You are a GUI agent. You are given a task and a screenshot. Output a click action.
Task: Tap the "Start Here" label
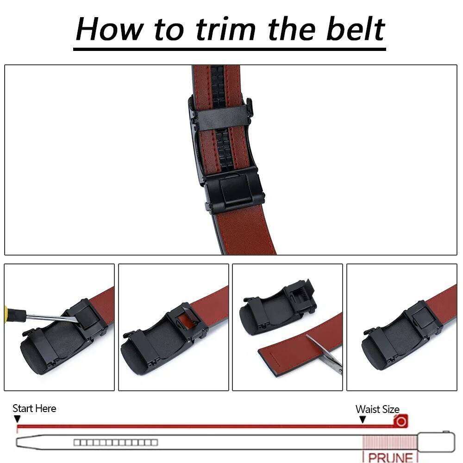pos(34,408)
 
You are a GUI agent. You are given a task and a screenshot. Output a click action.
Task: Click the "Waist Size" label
pos(377,409)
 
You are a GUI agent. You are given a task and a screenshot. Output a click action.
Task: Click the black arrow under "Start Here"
pos(17,419)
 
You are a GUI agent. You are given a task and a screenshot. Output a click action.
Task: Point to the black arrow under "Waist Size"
pos(363,419)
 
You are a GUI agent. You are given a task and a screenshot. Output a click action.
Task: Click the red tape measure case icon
pos(401,421)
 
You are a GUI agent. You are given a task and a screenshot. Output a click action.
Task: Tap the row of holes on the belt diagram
pos(116,443)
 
